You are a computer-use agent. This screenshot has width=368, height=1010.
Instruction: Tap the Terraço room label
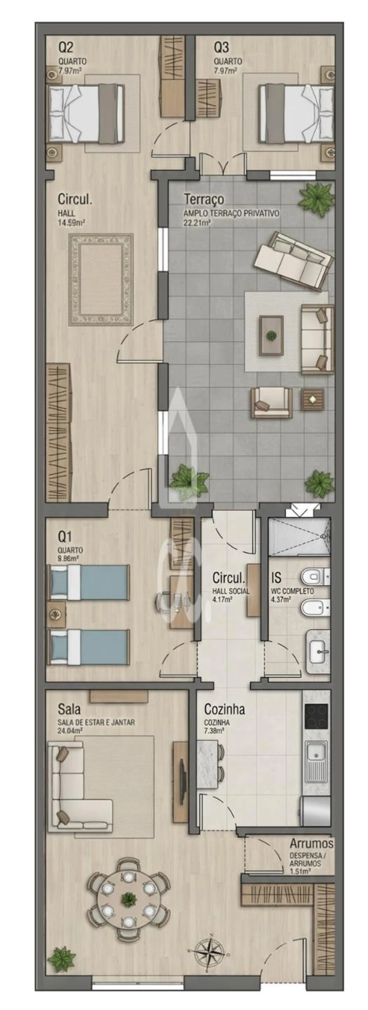pos(204,199)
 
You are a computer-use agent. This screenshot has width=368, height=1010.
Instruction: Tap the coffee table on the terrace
pos(271,336)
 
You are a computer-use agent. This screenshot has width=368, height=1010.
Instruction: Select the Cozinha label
pos(224,709)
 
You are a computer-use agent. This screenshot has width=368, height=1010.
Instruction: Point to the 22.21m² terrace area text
pos(197,223)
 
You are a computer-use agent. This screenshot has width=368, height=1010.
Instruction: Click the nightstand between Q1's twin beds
pos(56,614)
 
